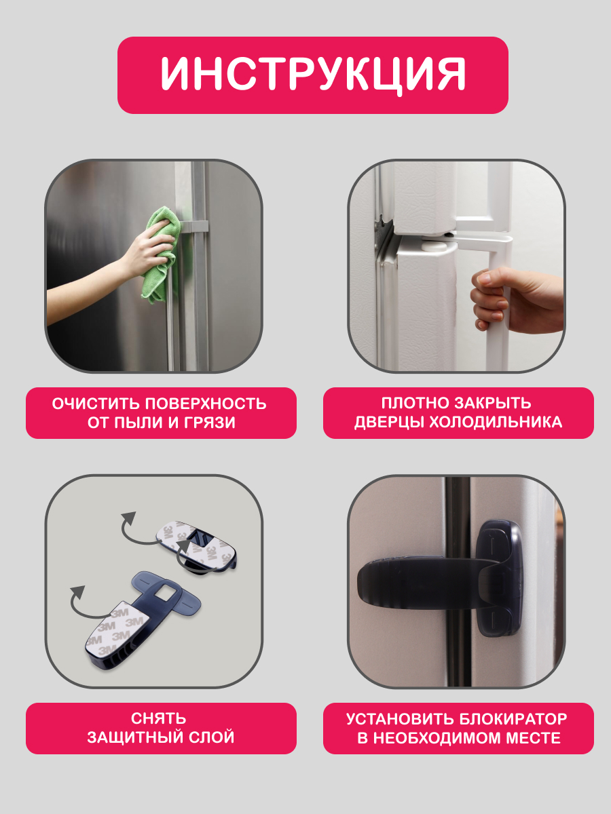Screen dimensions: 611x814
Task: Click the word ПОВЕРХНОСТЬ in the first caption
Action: point(205,404)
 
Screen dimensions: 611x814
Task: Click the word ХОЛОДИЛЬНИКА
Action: point(496,423)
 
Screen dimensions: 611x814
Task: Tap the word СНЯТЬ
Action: point(158,718)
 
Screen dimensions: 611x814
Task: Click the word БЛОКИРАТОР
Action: point(513,718)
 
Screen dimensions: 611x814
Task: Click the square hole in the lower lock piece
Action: point(162,593)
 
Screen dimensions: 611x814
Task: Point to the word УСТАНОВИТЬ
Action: point(401,718)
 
